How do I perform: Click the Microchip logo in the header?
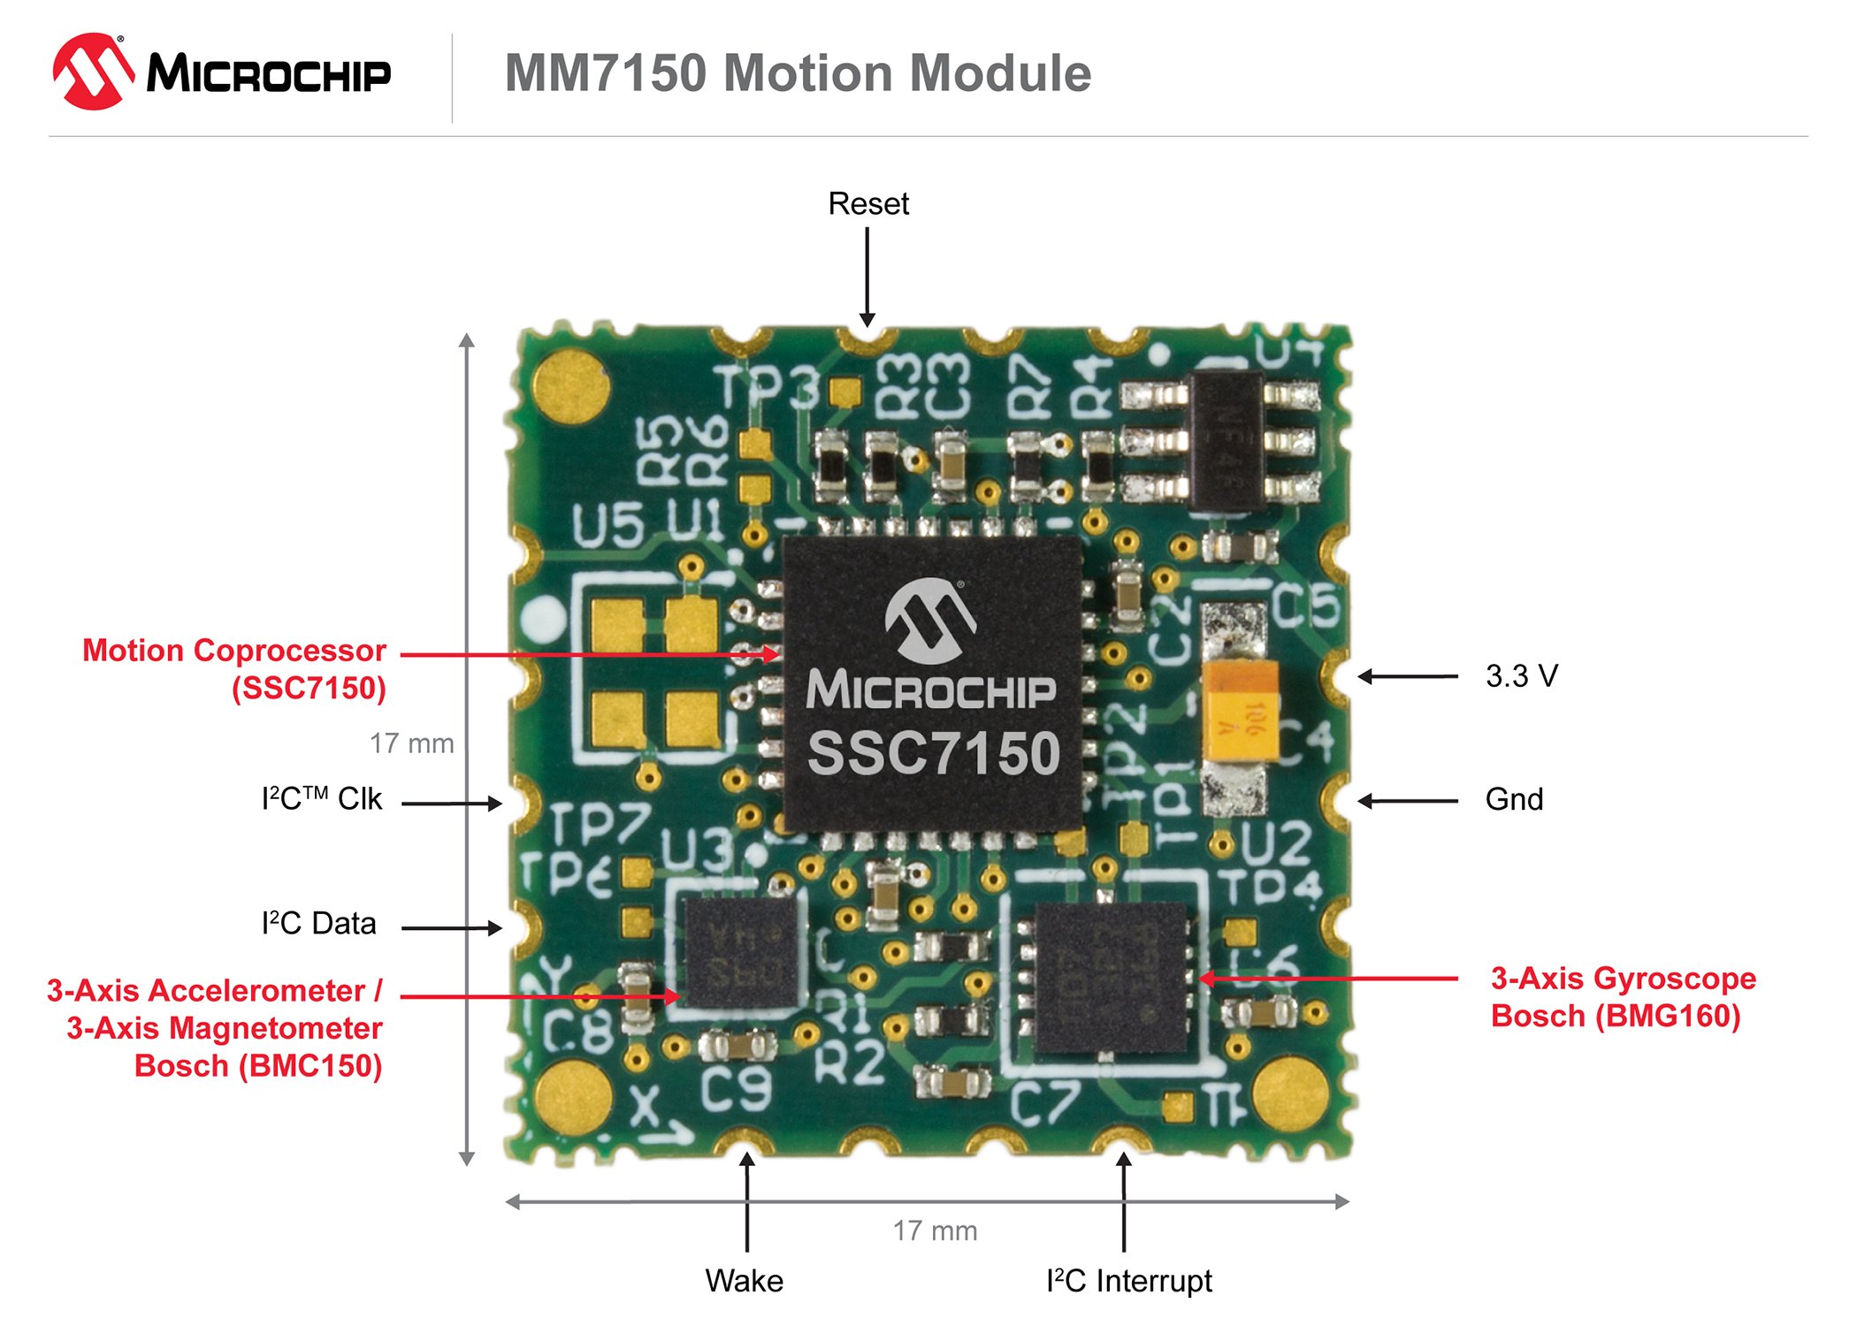(x=221, y=72)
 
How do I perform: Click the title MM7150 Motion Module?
(x=798, y=72)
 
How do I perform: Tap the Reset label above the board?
(x=868, y=204)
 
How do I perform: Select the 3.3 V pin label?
(x=1521, y=676)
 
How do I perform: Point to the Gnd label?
(x=1514, y=800)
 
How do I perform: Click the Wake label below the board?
(x=745, y=1281)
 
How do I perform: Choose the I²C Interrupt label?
(x=1128, y=1281)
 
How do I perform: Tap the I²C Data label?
(x=319, y=924)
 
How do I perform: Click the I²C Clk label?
(x=322, y=799)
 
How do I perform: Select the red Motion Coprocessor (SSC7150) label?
(x=235, y=669)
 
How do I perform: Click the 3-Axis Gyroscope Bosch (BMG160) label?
(x=1623, y=997)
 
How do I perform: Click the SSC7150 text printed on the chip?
(x=933, y=753)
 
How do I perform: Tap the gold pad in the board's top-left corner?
(x=572, y=385)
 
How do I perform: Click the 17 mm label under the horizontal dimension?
(x=935, y=1231)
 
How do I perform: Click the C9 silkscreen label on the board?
(x=736, y=1090)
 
